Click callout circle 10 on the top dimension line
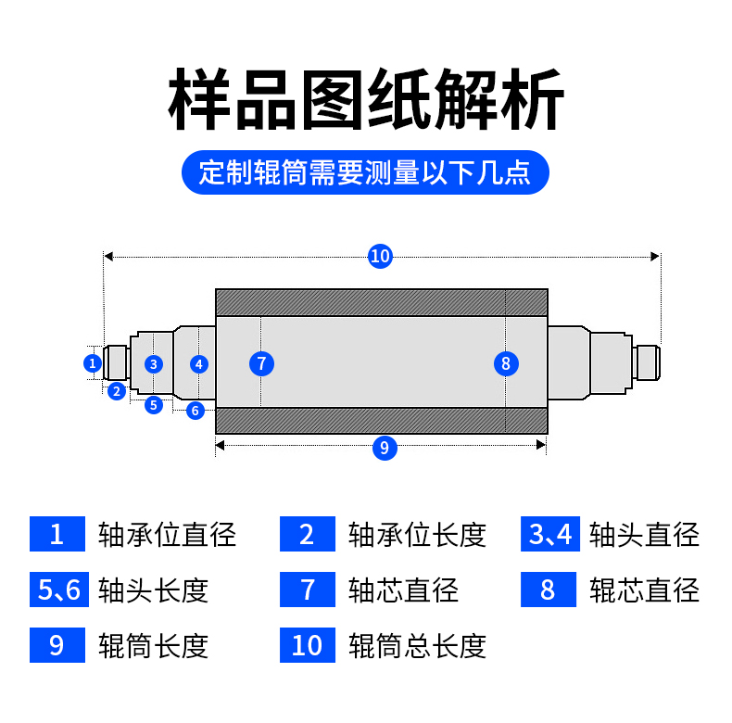pyautogui.click(x=380, y=256)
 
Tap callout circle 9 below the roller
pyautogui.click(x=384, y=448)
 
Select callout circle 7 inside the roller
pyautogui.click(x=262, y=363)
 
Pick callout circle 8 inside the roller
pyautogui.click(x=505, y=363)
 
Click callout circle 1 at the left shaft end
pyautogui.click(x=93, y=363)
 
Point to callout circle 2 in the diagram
pyautogui.click(x=116, y=391)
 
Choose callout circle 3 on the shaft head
pyautogui.click(x=154, y=363)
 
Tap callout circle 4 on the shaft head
pyautogui.click(x=199, y=363)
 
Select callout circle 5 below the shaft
pyautogui.click(x=154, y=404)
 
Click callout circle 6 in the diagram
pyautogui.click(x=195, y=411)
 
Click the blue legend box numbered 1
pyautogui.click(x=57, y=534)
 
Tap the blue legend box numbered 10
pyautogui.click(x=307, y=645)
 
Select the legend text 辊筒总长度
pyautogui.click(x=417, y=645)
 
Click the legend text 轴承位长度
pyautogui.click(x=417, y=534)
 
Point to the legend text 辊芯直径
pyautogui.click(x=645, y=590)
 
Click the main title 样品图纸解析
pyautogui.click(x=366, y=100)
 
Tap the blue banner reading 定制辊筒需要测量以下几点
pyautogui.click(x=366, y=172)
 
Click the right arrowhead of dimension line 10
pyautogui.click(x=656, y=256)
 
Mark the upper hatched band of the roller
pyautogui.click(x=381, y=302)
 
